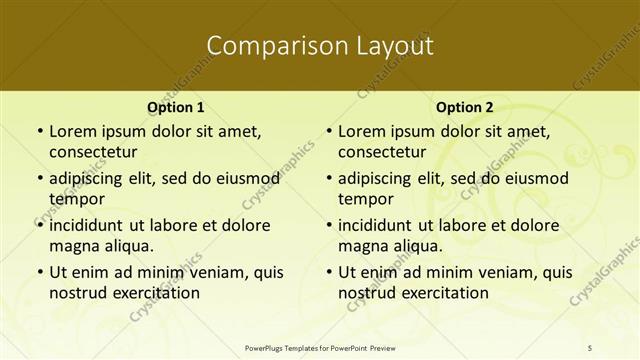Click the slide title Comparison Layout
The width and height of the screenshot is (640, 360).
tap(320, 46)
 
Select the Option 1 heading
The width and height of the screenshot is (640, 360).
tap(175, 107)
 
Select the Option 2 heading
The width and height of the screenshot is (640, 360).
tap(464, 107)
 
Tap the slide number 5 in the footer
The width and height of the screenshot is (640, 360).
tap(590, 347)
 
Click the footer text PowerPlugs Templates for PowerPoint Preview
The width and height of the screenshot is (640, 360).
tap(320, 347)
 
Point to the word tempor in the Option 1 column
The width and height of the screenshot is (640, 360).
tap(73, 198)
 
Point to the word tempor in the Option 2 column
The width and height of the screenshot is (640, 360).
tap(362, 198)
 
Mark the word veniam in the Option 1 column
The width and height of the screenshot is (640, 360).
tap(208, 271)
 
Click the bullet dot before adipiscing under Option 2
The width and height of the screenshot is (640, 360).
tap(327, 178)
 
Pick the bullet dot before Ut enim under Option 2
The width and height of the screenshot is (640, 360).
tap(327, 271)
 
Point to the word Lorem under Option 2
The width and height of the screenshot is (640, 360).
tap(362, 131)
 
